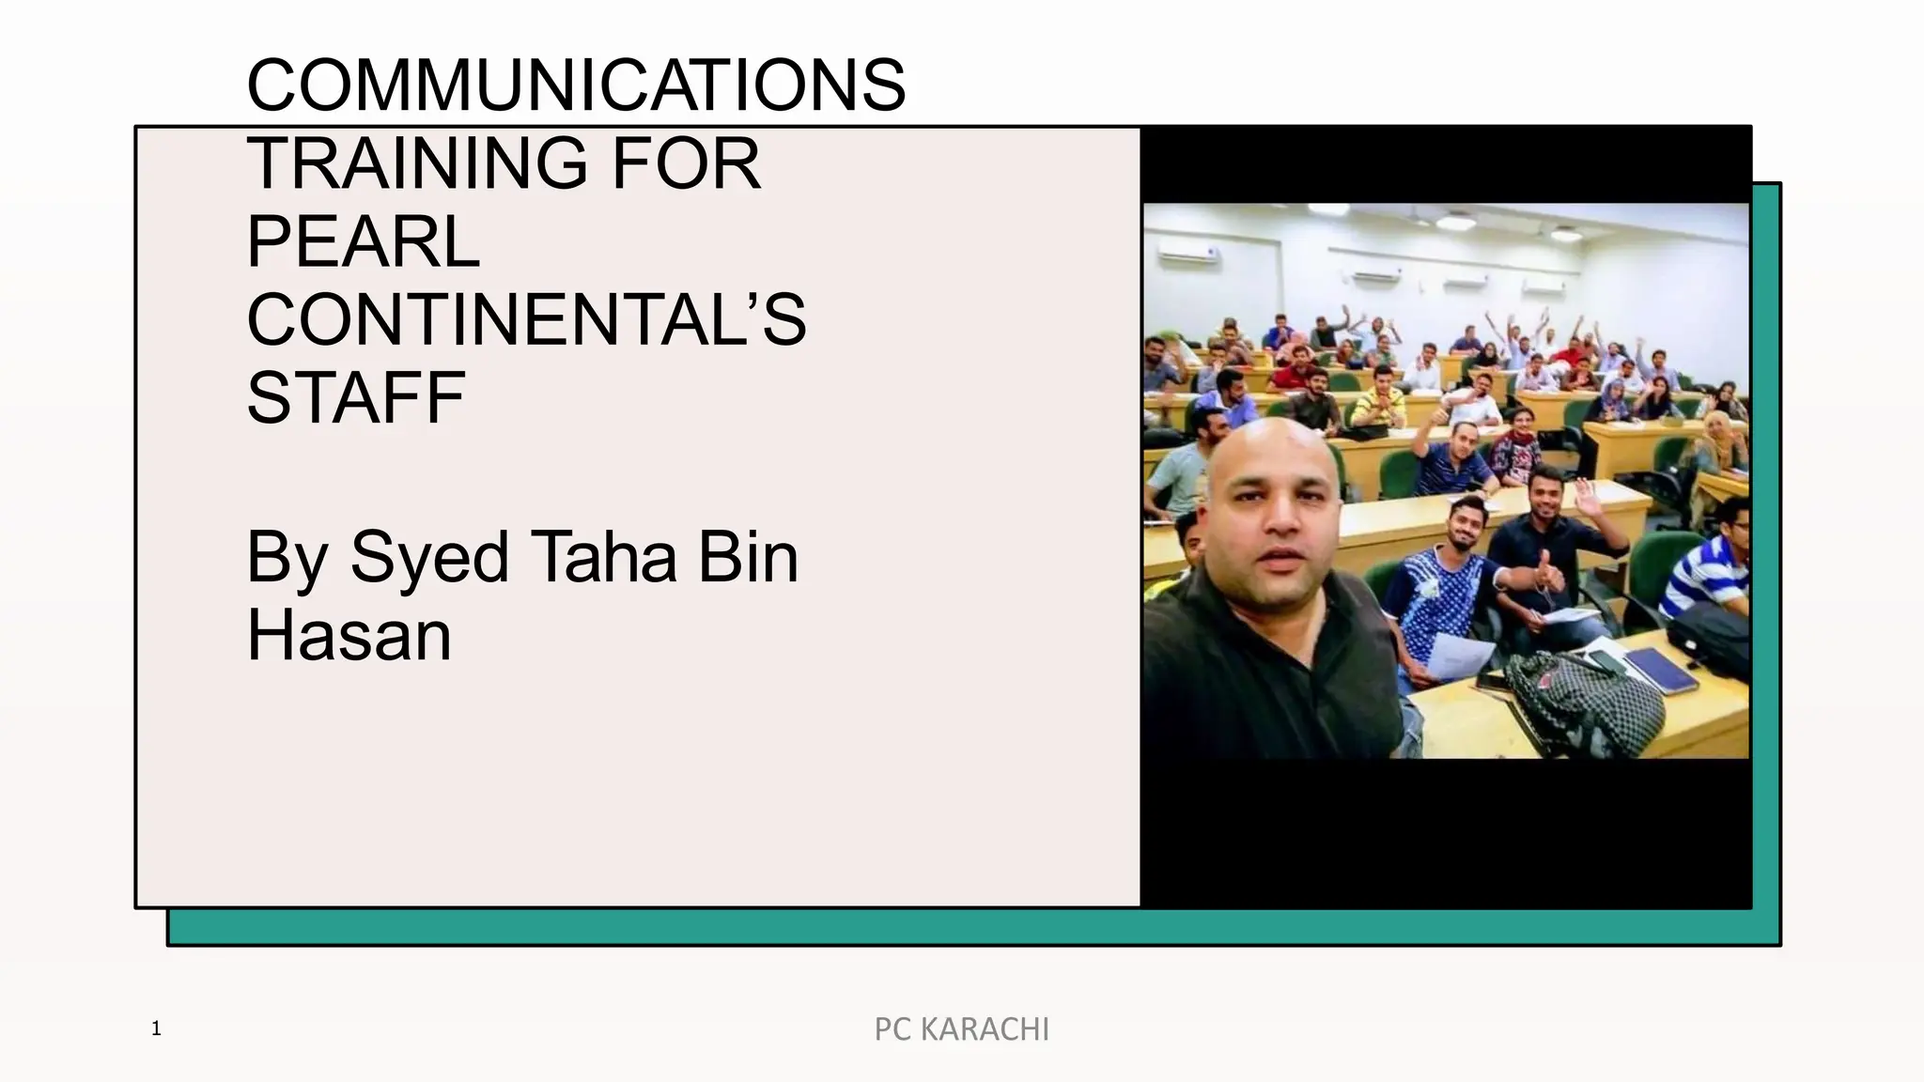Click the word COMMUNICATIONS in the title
coord(576,85)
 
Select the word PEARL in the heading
coord(363,242)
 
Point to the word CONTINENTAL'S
coord(526,320)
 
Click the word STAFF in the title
coord(355,398)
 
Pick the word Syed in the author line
coord(430,559)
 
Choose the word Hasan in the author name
coord(349,636)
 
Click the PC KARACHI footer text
coord(961,1029)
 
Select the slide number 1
coord(156,1028)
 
